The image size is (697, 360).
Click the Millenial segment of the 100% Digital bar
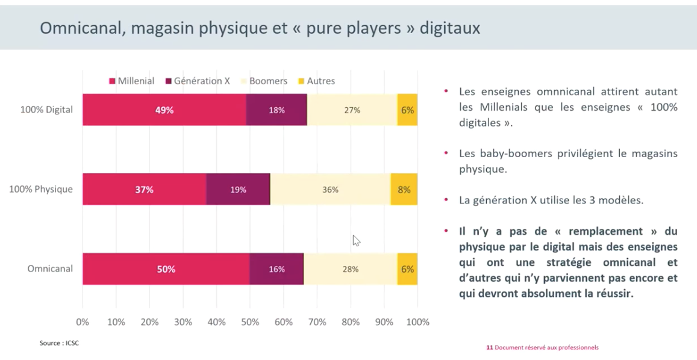[164, 110]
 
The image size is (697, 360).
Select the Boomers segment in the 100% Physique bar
[330, 190]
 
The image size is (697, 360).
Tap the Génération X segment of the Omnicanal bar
[277, 269]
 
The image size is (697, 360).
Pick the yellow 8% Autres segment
[404, 190]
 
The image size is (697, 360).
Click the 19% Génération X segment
[238, 190]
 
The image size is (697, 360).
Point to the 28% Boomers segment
[351, 269]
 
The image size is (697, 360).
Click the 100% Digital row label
[46, 110]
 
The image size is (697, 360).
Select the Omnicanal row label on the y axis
[50, 269]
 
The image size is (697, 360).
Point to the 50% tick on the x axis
[249, 322]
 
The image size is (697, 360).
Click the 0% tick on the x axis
[83, 322]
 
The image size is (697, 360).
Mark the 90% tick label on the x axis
[384, 322]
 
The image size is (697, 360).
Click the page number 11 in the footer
[489, 347]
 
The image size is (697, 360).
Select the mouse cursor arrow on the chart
[356, 241]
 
